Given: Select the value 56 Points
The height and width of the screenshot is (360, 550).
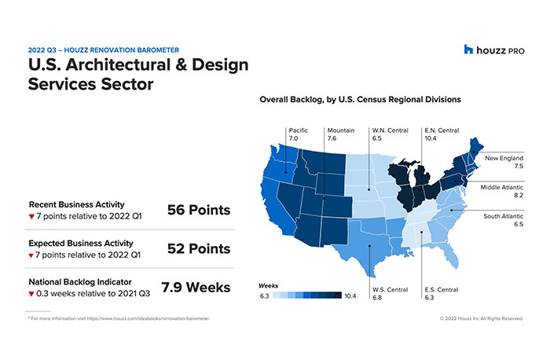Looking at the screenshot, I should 199,210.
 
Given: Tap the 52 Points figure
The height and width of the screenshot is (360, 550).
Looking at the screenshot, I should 199,248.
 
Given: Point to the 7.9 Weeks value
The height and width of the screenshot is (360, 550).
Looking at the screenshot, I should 196,287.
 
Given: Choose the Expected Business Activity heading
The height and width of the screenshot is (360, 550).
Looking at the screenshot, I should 81,242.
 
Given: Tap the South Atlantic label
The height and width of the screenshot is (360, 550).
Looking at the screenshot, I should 500,219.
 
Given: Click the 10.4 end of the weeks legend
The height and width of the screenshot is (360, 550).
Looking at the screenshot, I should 351,296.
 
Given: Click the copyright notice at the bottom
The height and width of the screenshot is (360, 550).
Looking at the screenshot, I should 481,318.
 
